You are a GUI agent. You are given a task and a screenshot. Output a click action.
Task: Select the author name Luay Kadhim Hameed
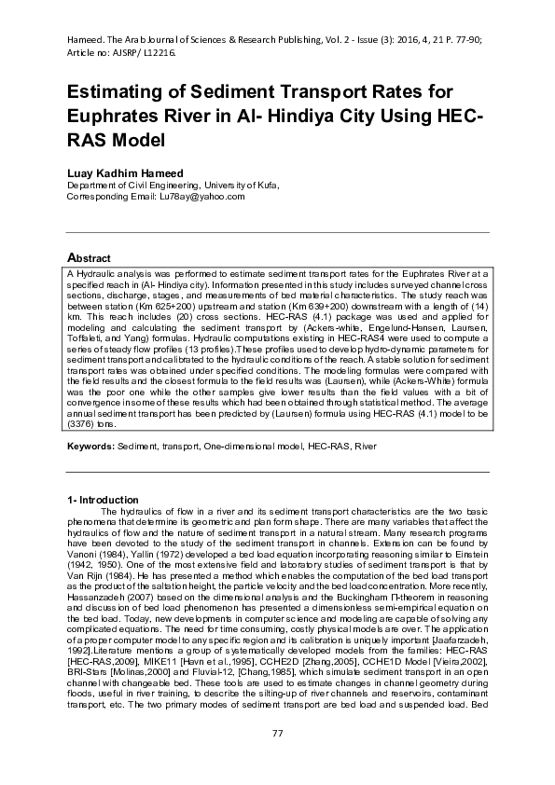coord(126,172)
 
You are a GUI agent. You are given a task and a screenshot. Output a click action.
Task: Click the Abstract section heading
coord(89,257)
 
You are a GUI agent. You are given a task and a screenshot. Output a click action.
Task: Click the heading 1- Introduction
coord(103,501)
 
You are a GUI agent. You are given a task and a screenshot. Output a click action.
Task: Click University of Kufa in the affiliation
coord(239,186)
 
